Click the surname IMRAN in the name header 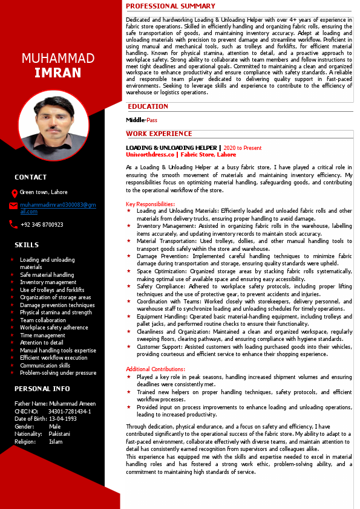pyautogui.click(x=57, y=73)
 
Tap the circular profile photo pyautogui.click(x=54, y=126)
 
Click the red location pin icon pyautogui.click(x=15, y=193)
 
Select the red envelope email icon pyautogui.click(x=13, y=206)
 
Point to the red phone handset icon pyautogui.click(x=13, y=224)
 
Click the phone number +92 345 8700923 pyautogui.click(x=42, y=225)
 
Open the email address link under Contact pyautogui.click(x=57, y=208)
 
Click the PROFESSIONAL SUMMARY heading pyautogui.click(x=171, y=6)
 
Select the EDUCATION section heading pyautogui.click(x=148, y=106)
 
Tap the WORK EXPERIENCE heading pyautogui.click(x=159, y=134)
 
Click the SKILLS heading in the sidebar pyautogui.click(x=27, y=245)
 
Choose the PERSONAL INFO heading pyautogui.click(x=42, y=389)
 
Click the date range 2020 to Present pyautogui.click(x=243, y=148)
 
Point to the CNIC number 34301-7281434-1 pyautogui.click(x=69, y=411)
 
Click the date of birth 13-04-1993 pyautogui.click(x=64, y=419)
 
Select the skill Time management pyautogui.click(x=42, y=335)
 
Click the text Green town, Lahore pyautogui.click(x=44, y=192)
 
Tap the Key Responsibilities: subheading pyautogui.click(x=151, y=204)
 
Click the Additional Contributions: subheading pyautogui.click(x=155, y=369)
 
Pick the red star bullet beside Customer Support pyautogui.click(x=128, y=347)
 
